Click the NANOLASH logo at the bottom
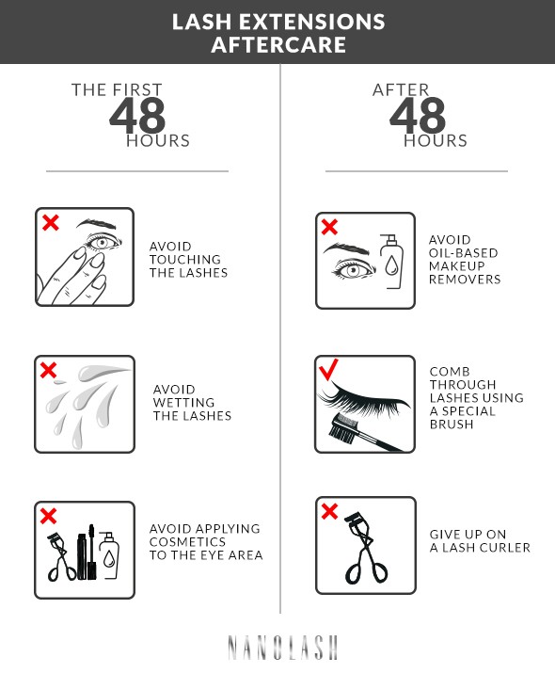tap(281, 648)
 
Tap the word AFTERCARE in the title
tap(277, 44)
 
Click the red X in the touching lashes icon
tap(51, 223)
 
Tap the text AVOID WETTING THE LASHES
tap(192, 403)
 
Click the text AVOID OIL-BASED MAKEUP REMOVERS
tap(465, 260)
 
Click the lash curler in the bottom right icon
tap(361, 551)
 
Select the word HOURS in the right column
tap(436, 141)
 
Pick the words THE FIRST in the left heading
tap(117, 90)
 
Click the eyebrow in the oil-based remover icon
tap(345, 248)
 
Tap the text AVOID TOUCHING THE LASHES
tap(188, 260)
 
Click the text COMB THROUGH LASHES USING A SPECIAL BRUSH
tap(476, 398)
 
